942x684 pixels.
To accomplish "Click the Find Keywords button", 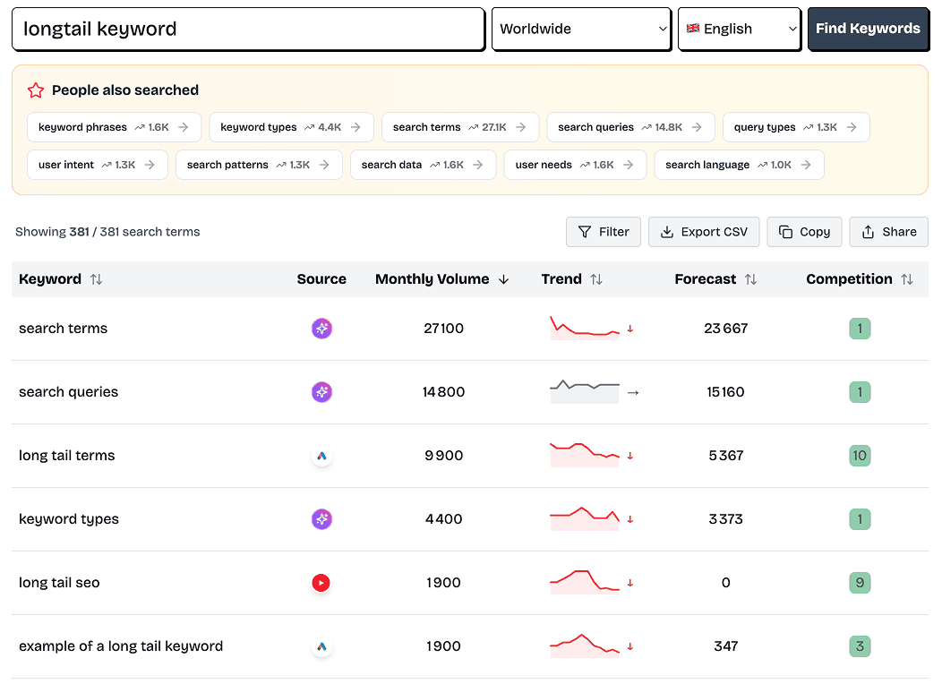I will pos(867,29).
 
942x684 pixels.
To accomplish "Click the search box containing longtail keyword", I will pos(248,29).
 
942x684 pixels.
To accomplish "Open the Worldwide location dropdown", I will pos(581,29).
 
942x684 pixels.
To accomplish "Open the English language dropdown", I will pos(739,29).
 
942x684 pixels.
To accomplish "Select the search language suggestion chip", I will pos(739,165).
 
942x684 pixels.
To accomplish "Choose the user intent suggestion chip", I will pos(98,165).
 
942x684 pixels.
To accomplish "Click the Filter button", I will pos(604,232).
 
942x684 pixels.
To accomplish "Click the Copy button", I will pos(804,232).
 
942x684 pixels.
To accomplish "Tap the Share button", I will pos(888,232).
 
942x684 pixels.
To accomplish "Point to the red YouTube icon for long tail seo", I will pos(321,583).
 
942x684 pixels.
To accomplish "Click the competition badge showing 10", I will pos(860,456).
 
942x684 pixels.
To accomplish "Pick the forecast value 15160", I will pos(725,392).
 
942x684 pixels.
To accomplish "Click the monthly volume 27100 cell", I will pos(443,329).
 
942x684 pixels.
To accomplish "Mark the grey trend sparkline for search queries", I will pos(585,391).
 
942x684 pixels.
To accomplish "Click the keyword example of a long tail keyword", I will pos(121,646).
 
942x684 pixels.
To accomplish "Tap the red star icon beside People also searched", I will pos(36,90).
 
